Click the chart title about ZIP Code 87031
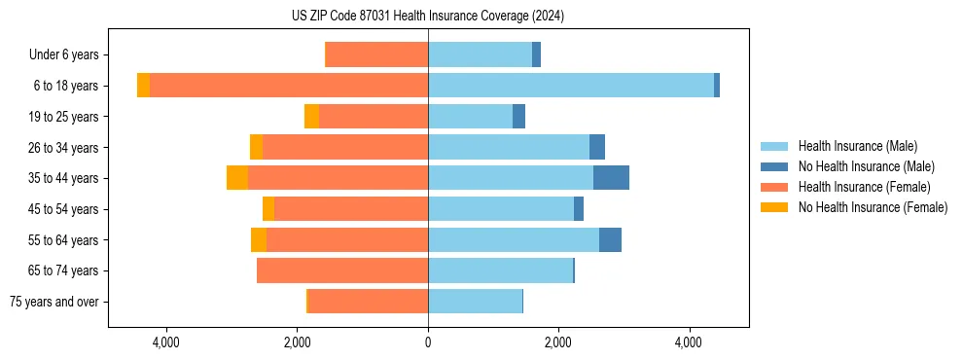coord(428,17)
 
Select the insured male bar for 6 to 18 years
coord(570,86)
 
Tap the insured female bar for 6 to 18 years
coord(289,86)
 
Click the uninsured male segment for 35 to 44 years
coord(611,178)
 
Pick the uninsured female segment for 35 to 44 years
coord(237,178)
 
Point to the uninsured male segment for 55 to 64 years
coord(610,240)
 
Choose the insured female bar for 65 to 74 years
coord(342,270)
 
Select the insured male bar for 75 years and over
coord(475,302)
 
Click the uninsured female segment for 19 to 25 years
coord(311,117)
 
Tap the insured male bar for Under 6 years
coord(480,54)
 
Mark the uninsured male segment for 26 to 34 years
coord(597,147)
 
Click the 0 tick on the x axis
coord(428,342)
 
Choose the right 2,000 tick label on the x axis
coord(558,342)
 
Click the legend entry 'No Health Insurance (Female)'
coord(872,207)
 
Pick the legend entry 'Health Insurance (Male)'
coord(857,146)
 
